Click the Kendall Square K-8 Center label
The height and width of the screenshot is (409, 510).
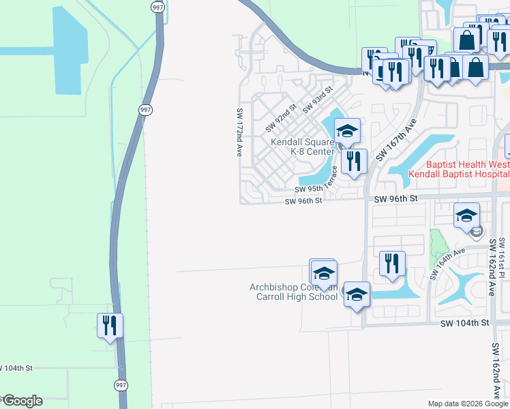(302, 147)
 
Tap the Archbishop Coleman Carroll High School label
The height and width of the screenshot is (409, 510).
(294, 292)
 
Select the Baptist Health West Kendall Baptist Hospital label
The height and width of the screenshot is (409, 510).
(458, 169)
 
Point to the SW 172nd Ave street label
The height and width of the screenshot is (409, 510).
(240, 132)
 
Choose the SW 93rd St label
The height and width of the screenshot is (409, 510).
(318, 99)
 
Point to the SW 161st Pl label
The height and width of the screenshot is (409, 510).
(502, 252)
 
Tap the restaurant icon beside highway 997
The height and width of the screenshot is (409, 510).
(110, 325)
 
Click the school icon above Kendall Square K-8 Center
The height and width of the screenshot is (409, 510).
(346, 131)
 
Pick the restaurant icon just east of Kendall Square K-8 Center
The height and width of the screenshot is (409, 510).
(353, 161)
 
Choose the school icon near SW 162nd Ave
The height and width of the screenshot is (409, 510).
(467, 215)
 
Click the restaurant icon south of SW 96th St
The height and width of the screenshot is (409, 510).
(392, 263)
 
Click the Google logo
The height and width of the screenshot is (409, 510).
(22, 401)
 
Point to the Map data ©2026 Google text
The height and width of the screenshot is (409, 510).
(467, 404)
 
